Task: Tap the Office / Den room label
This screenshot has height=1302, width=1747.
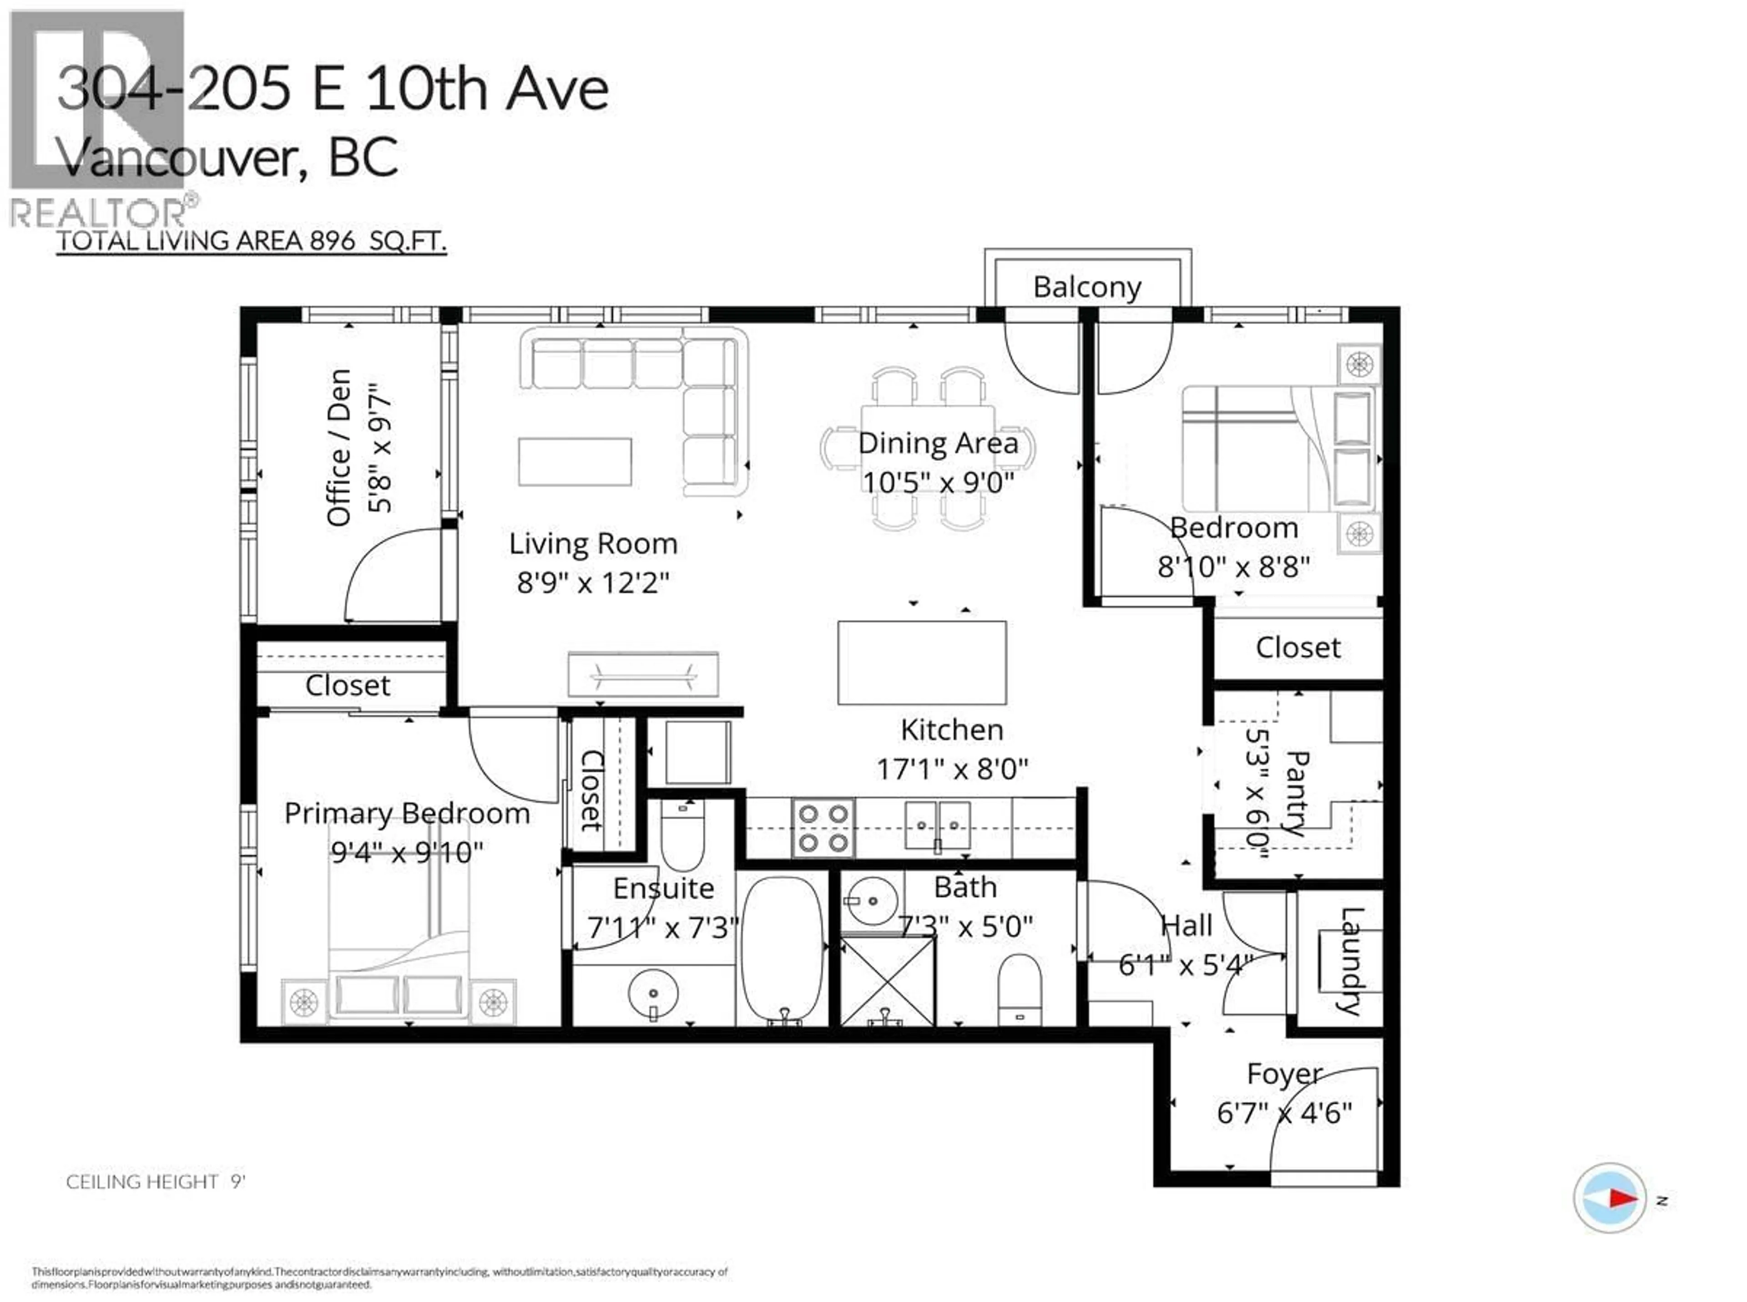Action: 339,448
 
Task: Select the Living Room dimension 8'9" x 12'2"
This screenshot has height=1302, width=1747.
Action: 593,583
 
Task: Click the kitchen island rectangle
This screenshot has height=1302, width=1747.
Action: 921,662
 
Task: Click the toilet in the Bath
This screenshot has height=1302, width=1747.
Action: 1019,989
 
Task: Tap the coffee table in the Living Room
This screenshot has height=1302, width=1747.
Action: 575,462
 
